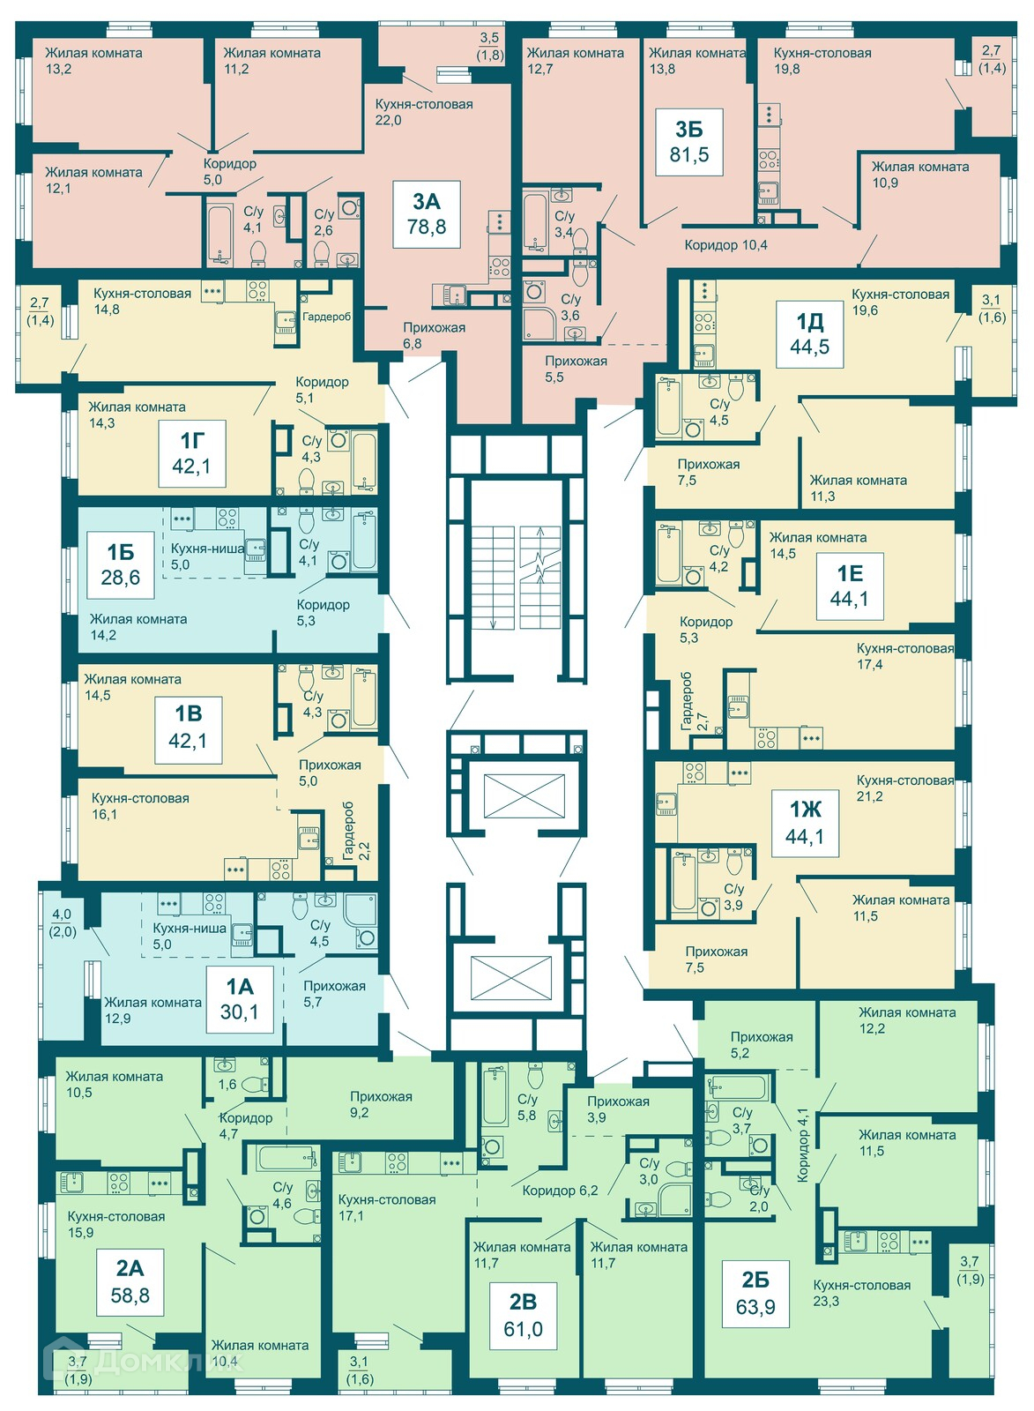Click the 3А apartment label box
point(427,214)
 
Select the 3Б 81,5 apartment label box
point(689,142)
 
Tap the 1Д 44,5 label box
point(810,334)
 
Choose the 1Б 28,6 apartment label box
point(121,565)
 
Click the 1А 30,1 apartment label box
point(239,1000)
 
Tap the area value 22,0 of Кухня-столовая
point(388,120)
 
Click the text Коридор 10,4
point(726,245)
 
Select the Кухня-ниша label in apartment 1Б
point(208,548)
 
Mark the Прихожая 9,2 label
point(381,1104)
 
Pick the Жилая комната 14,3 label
point(137,415)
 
